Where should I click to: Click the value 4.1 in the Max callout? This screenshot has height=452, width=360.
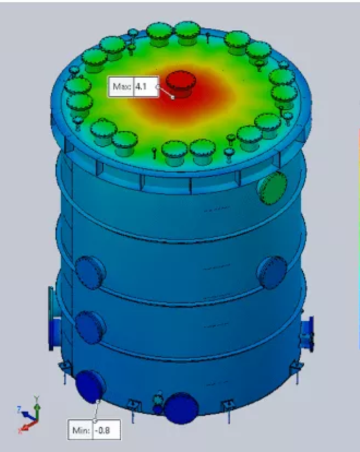[x=141, y=87]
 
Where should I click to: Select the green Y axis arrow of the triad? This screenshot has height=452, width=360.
[x=37, y=404]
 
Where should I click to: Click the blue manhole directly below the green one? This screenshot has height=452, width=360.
[x=272, y=272]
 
